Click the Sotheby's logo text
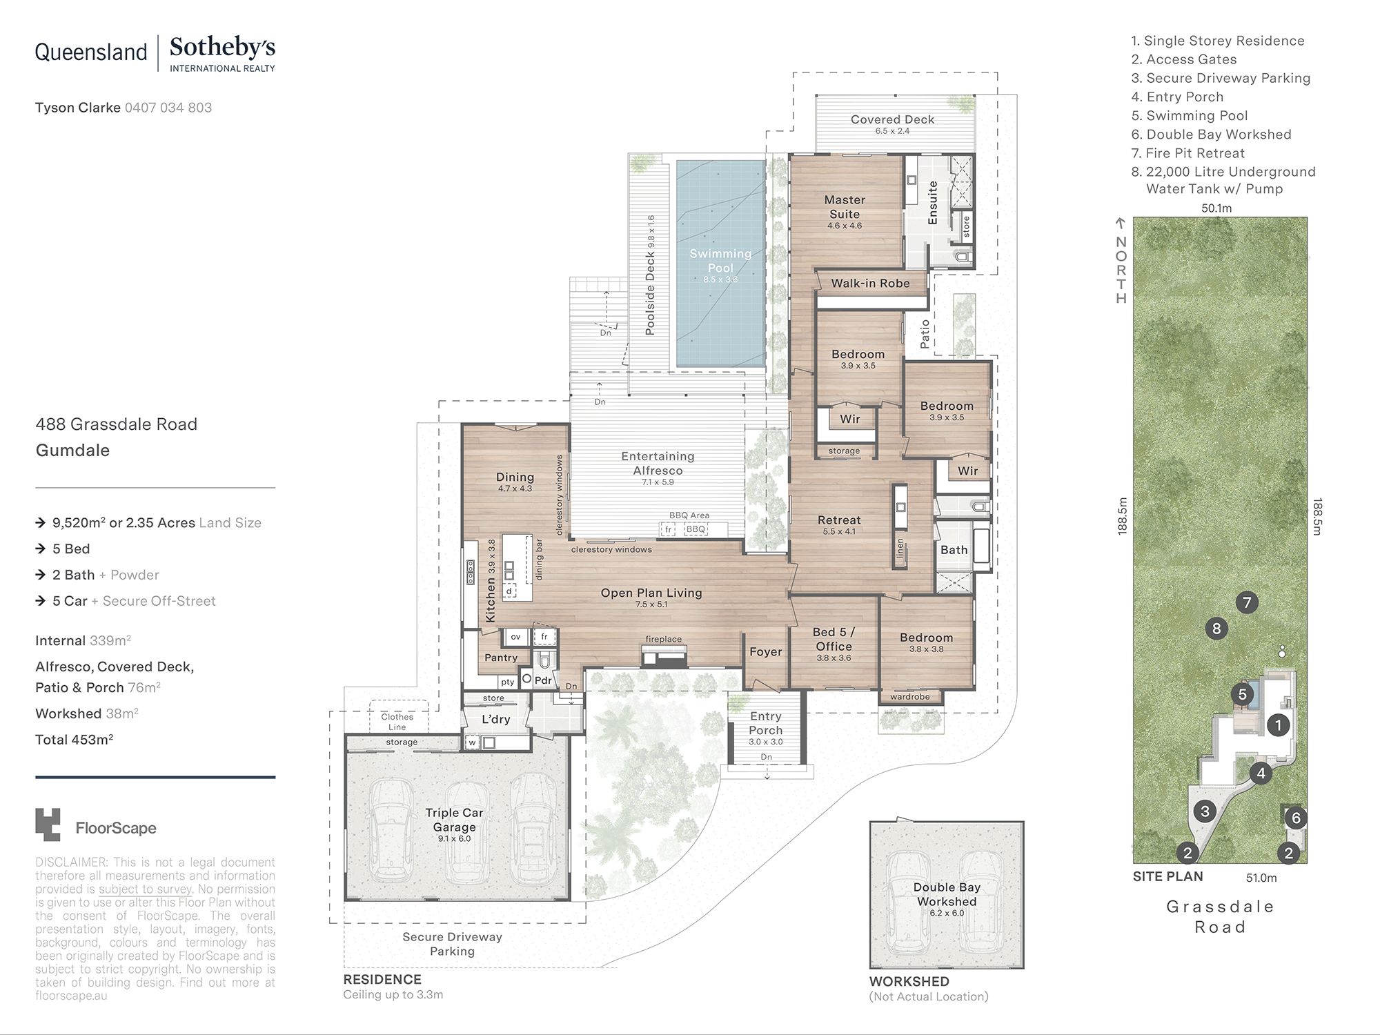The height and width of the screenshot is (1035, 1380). pos(222,48)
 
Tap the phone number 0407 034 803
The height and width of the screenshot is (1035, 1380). pos(168,108)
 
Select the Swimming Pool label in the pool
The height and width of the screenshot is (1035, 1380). pos(720,261)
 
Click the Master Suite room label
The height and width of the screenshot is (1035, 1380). pos(845,207)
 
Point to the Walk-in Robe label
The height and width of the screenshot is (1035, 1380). pos(870,284)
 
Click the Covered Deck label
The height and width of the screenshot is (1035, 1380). pos(892,120)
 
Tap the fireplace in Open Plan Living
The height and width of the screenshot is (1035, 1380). pos(664,654)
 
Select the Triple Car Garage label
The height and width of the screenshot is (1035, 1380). pos(454,820)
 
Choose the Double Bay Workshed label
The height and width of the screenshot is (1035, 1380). pos(947,894)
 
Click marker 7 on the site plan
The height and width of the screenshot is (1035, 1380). pos(1246,602)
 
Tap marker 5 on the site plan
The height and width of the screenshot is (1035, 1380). pos(1242,694)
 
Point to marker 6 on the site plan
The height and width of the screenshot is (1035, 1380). pos(1296,818)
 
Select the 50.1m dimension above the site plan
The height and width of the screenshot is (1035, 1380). pos(1216,208)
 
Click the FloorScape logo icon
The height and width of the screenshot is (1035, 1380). pos(48,825)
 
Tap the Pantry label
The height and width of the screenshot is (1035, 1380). pos(500,658)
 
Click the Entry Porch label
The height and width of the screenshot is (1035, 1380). pos(766,723)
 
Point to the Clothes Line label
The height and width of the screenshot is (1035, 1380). pos(397,722)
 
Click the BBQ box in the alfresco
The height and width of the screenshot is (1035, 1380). pos(696,529)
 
